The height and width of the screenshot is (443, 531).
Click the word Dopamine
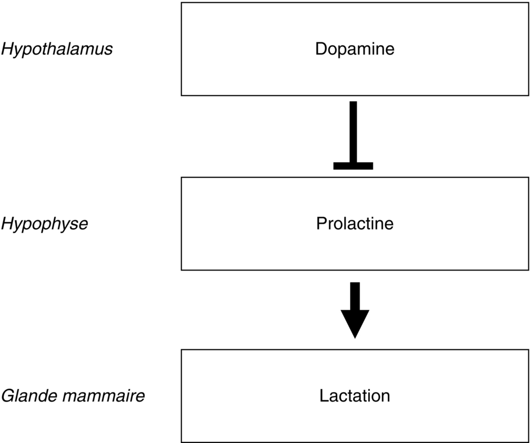355,49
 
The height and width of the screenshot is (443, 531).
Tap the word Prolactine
355,224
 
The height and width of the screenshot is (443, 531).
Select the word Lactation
355,396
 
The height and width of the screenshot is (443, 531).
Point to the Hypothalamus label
57,50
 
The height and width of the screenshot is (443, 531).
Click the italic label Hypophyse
45,224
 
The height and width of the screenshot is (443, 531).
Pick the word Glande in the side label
28,396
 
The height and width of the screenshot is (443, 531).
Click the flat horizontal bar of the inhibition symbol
353,166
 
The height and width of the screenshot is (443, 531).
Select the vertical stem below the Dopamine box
353,132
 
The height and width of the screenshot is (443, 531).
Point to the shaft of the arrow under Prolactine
355,296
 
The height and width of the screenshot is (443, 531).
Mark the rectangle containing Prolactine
355,253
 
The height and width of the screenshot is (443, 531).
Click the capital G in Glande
7,396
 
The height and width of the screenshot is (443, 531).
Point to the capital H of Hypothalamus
7,49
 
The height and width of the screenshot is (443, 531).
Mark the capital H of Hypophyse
7,224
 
